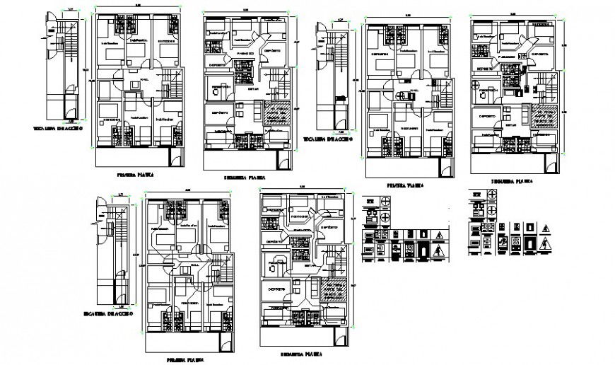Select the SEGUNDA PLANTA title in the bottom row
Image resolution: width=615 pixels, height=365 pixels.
pyautogui.click(x=302, y=352)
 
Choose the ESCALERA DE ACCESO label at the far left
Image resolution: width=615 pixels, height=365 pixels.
pyautogui.click(x=59, y=129)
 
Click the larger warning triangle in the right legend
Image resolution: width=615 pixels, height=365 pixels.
pyautogui.click(x=549, y=245)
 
